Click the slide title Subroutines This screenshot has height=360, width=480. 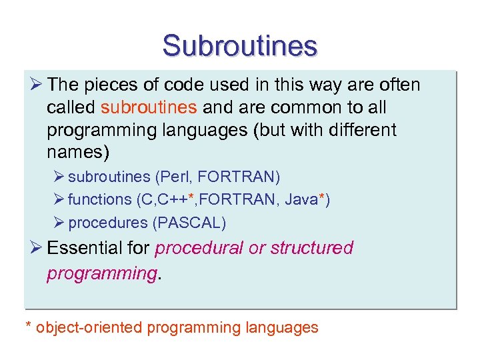coord(240,46)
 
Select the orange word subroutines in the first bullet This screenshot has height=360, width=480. coord(149,107)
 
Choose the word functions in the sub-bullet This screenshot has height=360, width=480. coord(100,199)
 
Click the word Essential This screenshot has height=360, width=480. coord(83,248)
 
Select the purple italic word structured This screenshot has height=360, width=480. coord(311,248)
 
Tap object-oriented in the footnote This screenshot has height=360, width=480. coord(89,327)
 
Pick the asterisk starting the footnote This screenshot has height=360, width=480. coord(29,327)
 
